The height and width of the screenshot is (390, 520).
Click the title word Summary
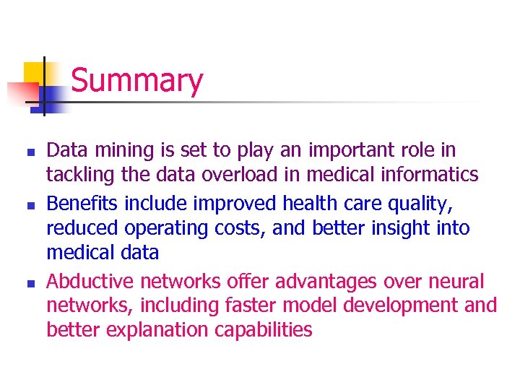[136, 81]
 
